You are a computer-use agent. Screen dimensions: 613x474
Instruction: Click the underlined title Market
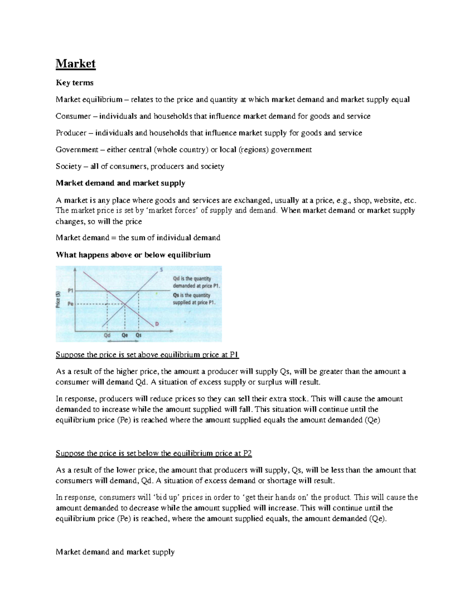point(75,64)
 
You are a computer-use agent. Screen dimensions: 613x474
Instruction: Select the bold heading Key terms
point(75,82)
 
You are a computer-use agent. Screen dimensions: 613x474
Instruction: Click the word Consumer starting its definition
point(73,116)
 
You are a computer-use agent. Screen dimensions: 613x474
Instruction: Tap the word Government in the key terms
point(77,150)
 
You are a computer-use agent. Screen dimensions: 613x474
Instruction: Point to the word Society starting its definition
point(68,166)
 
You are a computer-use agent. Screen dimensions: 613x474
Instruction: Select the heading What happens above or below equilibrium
point(133,255)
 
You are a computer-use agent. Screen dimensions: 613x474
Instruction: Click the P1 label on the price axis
point(71,291)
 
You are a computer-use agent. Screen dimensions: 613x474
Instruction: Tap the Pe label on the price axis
point(71,304)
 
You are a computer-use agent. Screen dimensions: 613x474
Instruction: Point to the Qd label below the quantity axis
point(107,335)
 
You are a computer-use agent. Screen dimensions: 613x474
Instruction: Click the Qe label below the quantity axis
point(125,335)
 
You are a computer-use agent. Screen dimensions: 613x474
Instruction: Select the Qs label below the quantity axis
point(139,335)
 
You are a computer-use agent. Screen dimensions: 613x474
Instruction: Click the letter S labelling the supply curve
point(161,270)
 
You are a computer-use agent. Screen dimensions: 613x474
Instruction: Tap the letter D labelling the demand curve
point(157,324)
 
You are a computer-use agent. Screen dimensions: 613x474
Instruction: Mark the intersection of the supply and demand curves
point(125,304)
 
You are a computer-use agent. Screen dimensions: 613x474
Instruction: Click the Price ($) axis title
point(58,299)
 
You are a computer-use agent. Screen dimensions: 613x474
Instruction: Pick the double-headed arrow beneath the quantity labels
point(123,341)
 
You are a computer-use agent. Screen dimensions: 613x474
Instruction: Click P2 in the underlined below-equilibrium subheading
point(247,453)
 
